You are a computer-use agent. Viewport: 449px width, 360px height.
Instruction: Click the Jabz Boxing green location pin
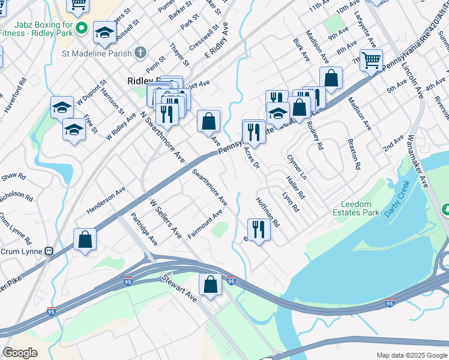coord(82,28)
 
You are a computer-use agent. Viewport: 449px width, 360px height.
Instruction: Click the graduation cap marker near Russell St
coord(104,33)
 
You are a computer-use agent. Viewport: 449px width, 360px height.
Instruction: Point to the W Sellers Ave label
coord(166,220)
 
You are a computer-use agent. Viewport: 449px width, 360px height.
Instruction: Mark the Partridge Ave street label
coord(145,229)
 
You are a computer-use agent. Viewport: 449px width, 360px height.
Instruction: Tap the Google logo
coord(20,353)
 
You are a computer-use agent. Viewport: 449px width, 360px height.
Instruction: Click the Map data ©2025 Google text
coord(411,355)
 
